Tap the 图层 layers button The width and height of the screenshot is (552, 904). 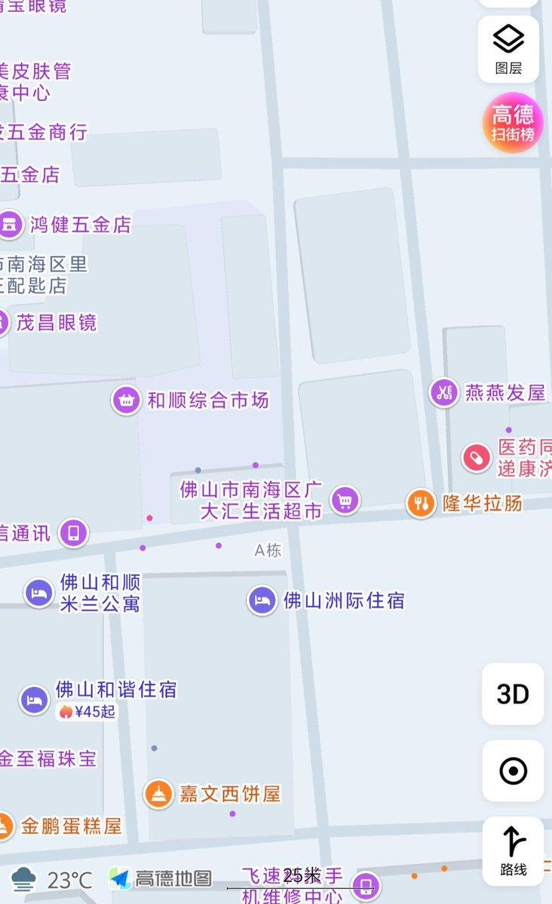click(508, 49)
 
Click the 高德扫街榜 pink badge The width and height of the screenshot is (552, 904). click(513, 123)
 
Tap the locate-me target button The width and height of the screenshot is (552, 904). click(513, 771)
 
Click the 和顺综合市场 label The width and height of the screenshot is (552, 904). click(208, 400)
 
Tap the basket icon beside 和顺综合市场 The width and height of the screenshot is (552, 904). click(126, 400)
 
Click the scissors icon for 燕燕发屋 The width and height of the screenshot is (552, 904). click(443, 392)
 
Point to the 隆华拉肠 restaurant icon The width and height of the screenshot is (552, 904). click(420, 503)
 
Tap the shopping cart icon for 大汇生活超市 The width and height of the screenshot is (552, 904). click(345, 499)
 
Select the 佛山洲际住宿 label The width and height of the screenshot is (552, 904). click(344, 600)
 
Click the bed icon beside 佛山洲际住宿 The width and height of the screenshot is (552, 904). click(262, 600)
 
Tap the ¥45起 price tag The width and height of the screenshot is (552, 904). click(87, 711)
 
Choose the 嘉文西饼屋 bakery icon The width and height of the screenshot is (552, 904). click(158, 794)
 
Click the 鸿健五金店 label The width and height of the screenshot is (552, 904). click(81, 224)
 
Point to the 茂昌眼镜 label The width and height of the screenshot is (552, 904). click(57, 323)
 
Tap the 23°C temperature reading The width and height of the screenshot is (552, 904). click(69, 879)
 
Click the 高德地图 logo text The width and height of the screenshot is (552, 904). click(173, 878)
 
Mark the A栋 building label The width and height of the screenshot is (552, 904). click(268, 550)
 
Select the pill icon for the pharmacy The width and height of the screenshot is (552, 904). click(477, 457)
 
